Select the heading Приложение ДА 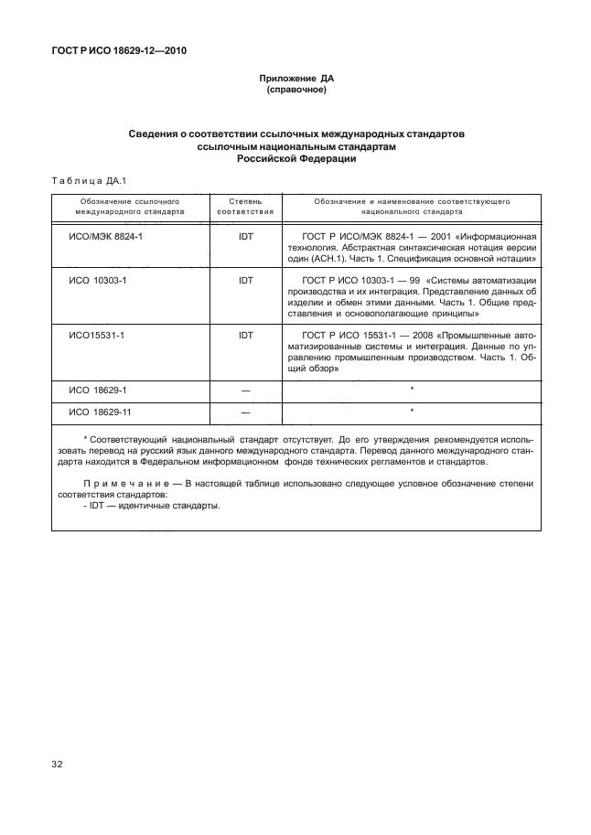point(295,80)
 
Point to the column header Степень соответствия point(245,205)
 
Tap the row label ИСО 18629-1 point(98,390)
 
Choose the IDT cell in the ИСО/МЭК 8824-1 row point(245,236)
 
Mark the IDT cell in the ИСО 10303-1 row point(245,280)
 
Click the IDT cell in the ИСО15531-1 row point(245,336)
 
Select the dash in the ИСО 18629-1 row point(245,391)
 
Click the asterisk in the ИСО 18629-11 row point(413,411)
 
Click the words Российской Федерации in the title point(295,158)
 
